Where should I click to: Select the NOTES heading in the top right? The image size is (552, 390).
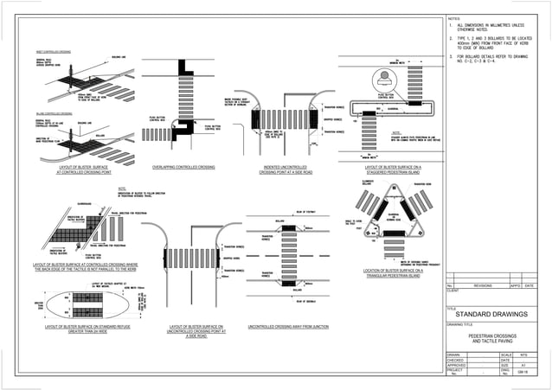(x=456, y=17)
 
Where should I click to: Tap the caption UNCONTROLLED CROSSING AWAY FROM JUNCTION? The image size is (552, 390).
(x=287, y=327)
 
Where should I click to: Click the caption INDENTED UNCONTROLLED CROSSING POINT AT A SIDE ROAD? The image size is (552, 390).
(x=289, y=168)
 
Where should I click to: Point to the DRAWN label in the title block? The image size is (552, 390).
(x=453, y=355)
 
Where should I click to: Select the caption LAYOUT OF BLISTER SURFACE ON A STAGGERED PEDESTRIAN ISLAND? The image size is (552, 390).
(x=393, y=168)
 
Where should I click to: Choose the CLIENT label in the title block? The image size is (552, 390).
(x=453, y=291)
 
